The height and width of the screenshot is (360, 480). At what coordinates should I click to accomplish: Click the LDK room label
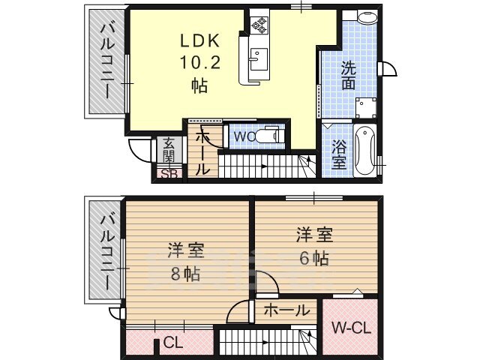coord(200,40)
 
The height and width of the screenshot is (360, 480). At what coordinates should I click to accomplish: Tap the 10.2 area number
coord(200,63)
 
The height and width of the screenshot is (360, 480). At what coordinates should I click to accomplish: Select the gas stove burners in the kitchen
coord(259,25)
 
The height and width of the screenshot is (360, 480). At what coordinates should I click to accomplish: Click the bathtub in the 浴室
coord(365,151)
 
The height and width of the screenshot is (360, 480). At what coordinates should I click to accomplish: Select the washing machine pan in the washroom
coord(366,108)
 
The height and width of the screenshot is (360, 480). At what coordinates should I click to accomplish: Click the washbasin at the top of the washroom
coord(367,16)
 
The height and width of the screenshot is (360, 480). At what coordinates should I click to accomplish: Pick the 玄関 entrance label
coord(168,151)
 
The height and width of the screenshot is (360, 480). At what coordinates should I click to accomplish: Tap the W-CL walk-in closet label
coord(352,328)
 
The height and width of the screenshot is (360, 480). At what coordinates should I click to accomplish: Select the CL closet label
coord(173,343)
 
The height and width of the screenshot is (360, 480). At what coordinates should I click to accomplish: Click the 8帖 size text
coord(185,274)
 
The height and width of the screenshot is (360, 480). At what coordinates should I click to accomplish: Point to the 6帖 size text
coord(314,259)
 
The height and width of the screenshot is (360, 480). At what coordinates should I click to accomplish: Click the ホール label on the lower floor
coord(286,310)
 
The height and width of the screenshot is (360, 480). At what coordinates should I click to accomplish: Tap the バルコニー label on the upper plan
coord(107,62)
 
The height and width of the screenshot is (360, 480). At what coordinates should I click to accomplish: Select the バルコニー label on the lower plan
coord(107,253)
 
